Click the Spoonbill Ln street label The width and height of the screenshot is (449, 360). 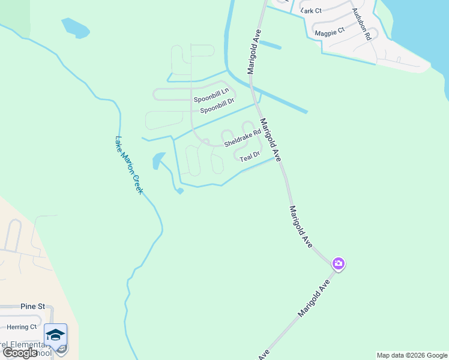211,94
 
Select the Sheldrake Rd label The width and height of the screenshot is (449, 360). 243,140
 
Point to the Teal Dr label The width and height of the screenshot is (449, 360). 249,157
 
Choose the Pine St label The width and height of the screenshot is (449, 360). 32,306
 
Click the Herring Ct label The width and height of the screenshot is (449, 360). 22,327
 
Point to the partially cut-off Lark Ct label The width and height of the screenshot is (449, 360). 312,10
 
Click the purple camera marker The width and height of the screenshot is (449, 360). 339,263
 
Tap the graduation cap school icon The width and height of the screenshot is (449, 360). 55,335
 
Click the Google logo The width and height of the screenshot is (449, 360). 20,353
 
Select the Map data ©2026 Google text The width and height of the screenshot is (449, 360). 412,355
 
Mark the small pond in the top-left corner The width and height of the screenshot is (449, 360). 74,28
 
